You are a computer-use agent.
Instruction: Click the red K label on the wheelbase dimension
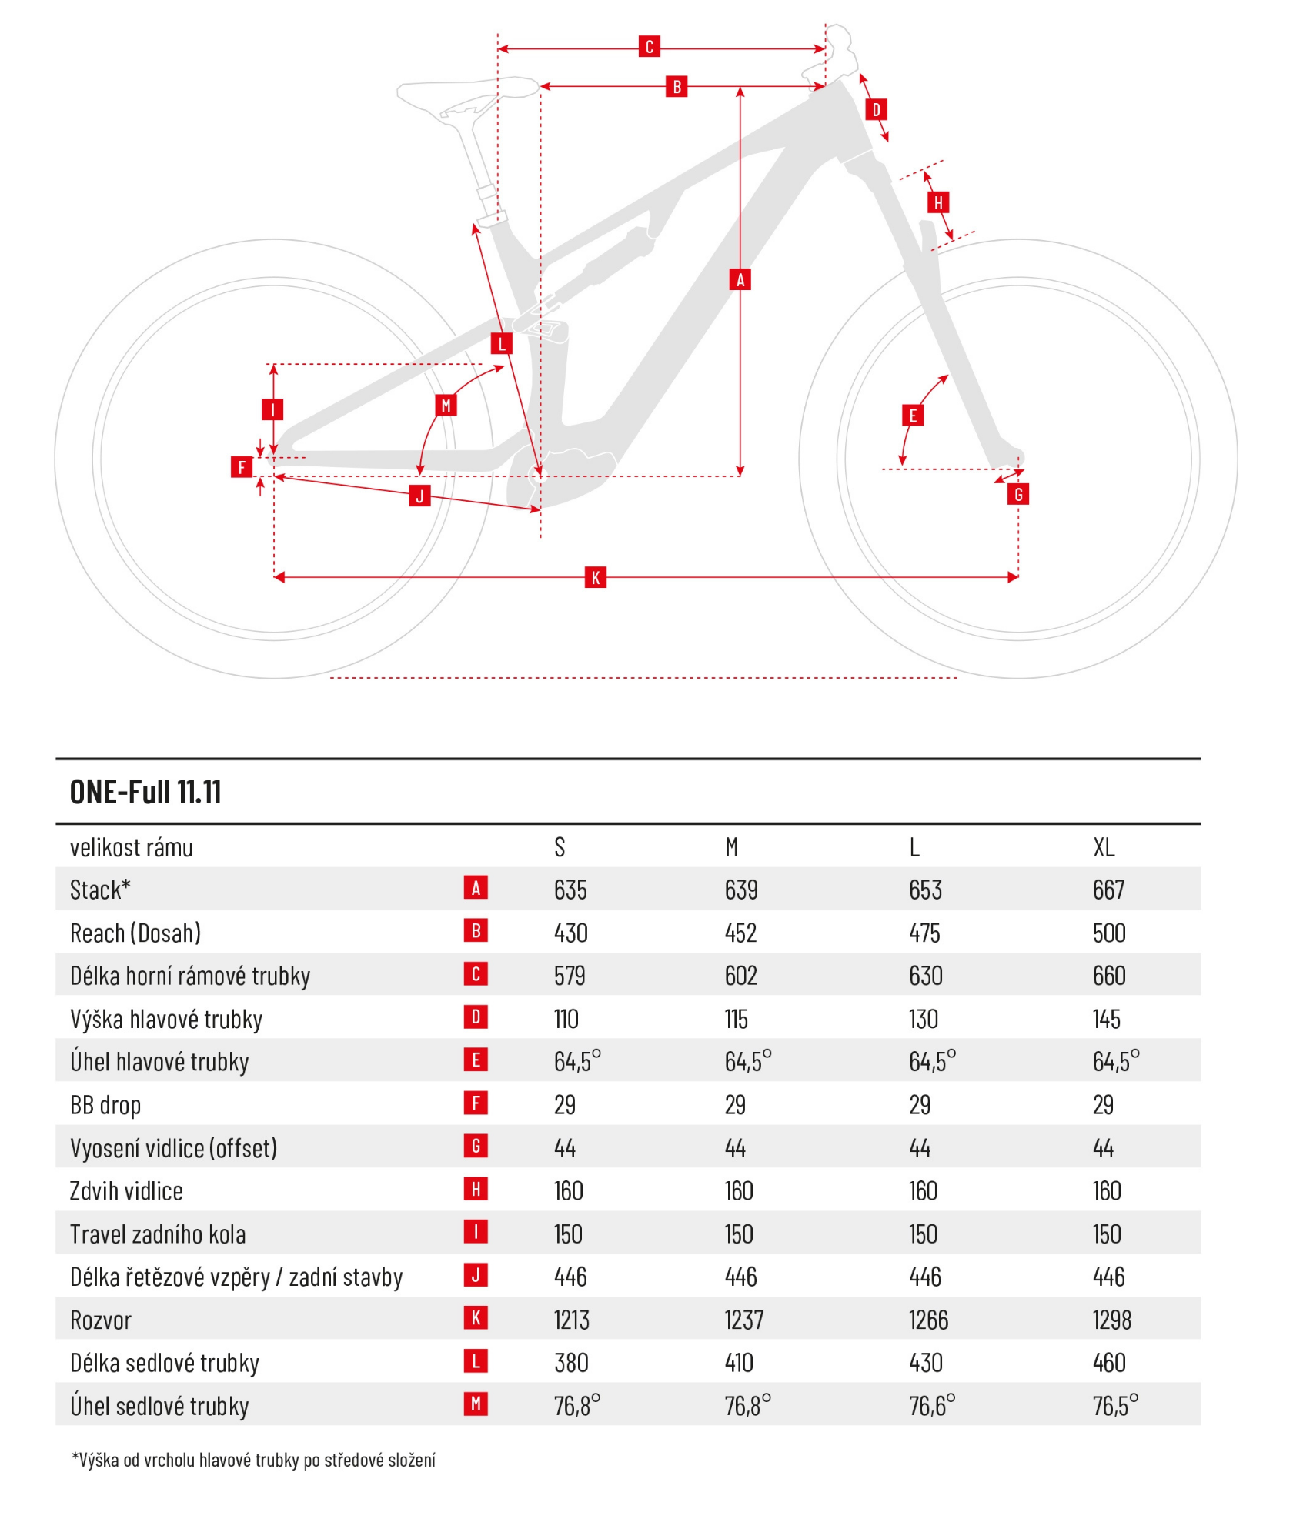pos(595,577)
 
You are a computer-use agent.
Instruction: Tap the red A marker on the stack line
pos(740,279)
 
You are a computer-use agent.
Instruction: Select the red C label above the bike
pos(649,47)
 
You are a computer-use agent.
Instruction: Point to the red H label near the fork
pos(937,203)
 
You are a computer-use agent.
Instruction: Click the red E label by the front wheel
pos(913,416)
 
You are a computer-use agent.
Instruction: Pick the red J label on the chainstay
pos(419,496)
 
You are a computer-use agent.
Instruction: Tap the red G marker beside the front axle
pos(1017,494)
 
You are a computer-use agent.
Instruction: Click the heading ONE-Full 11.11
pos(145,792)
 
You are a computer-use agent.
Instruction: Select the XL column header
pos(1104,847)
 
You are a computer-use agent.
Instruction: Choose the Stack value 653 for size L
pos(925,890)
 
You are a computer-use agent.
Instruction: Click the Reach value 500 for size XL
pos(1109,933)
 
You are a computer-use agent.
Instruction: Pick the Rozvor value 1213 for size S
pos(571,1320)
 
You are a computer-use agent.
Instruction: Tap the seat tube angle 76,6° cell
pos(931,1406)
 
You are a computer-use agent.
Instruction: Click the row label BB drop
pos(105,1106)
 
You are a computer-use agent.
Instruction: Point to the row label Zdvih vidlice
pos(126,1191)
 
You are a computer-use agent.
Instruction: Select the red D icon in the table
pos(476,1017)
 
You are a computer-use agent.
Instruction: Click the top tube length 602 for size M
pos(740,976)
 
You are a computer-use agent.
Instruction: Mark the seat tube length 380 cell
pos(571,1363)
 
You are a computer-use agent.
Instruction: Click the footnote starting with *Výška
pos(253,1460)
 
